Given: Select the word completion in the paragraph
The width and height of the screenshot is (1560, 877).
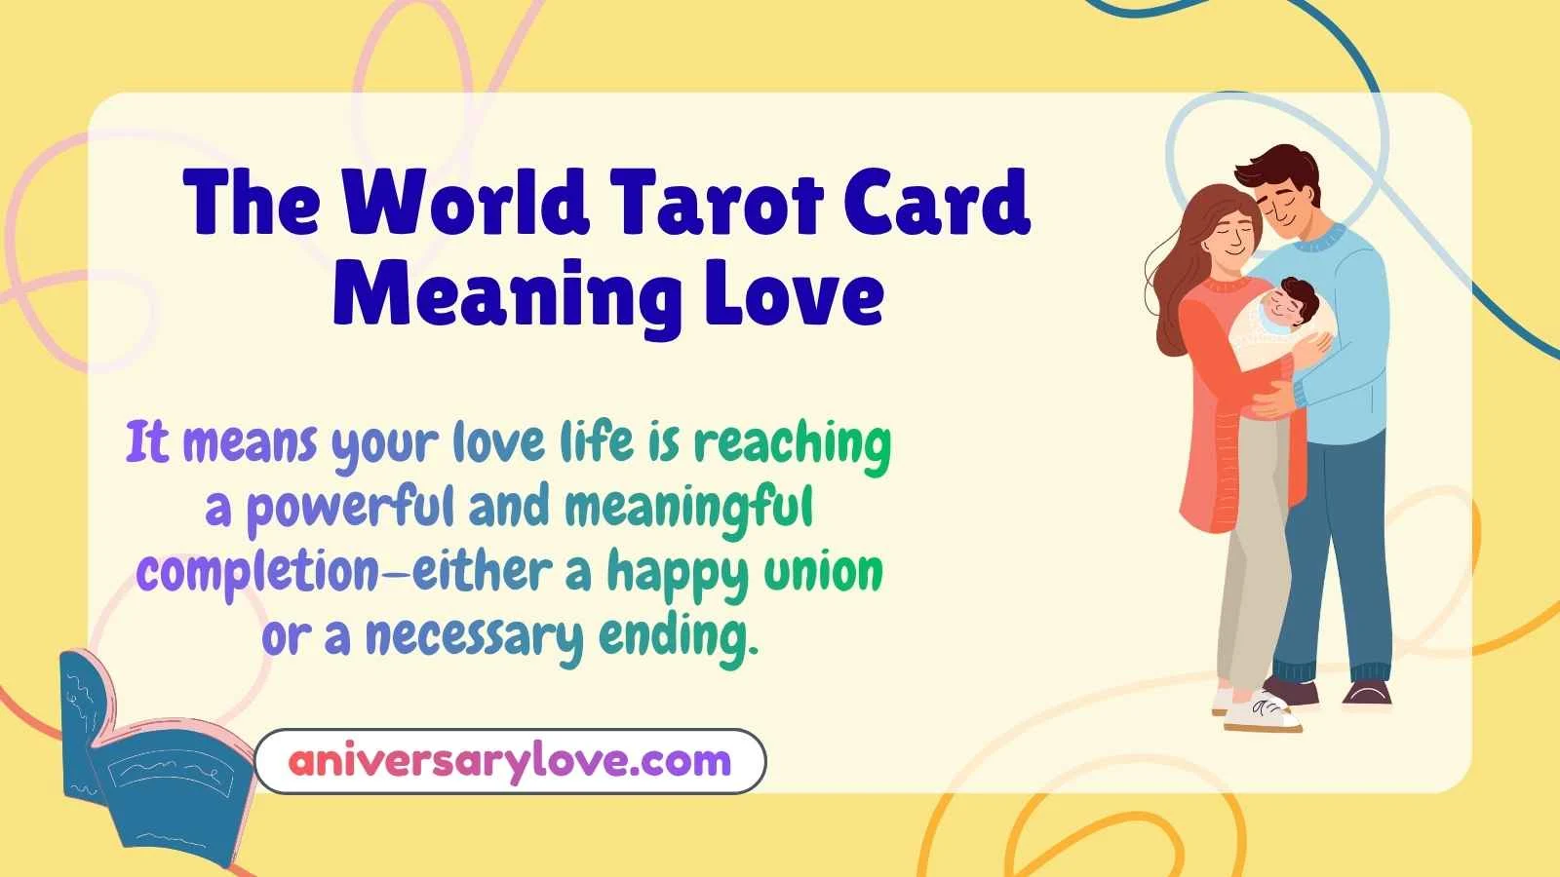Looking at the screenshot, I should [x=257, y=573].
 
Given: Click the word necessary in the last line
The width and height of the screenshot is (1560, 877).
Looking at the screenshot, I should [x=474, y=637].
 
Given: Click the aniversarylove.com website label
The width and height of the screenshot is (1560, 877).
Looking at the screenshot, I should [x=510, y=760].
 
